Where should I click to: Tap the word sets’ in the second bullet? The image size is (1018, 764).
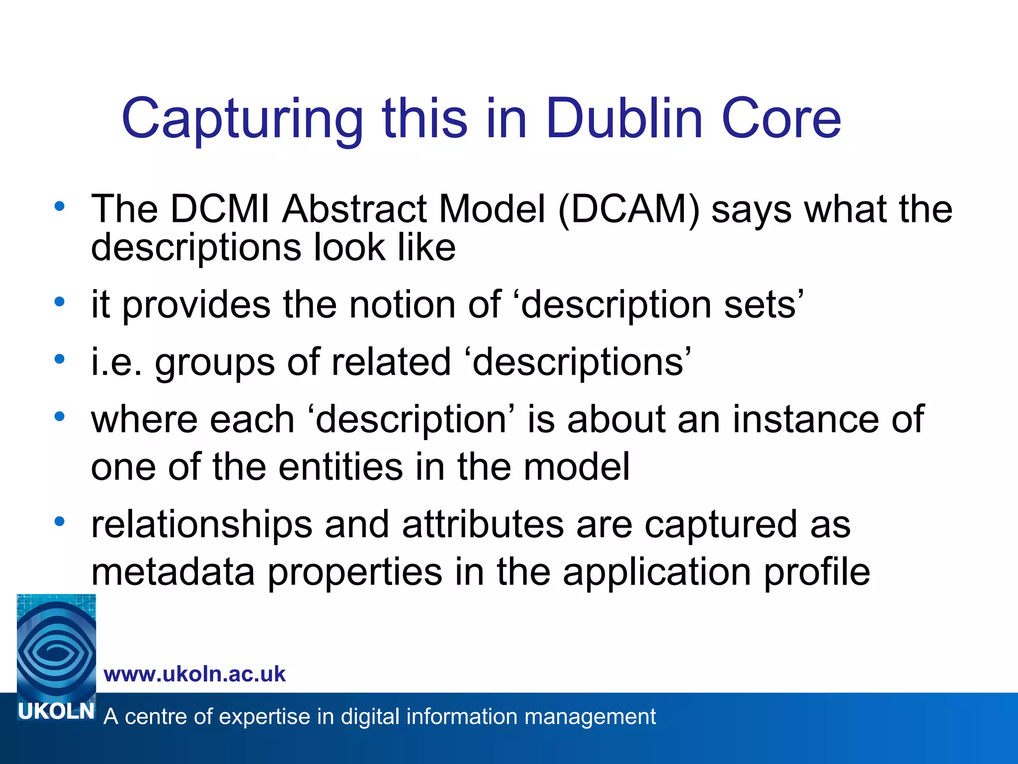[764, 305]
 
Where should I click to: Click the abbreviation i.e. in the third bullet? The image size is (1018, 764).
[116, 362]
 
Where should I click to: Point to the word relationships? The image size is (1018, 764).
[201, 526]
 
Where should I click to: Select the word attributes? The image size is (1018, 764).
[483, 525]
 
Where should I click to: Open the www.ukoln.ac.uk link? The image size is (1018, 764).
[194, 674]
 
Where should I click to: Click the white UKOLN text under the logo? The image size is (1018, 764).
[56, 712]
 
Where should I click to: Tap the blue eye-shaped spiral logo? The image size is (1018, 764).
[56, 647]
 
